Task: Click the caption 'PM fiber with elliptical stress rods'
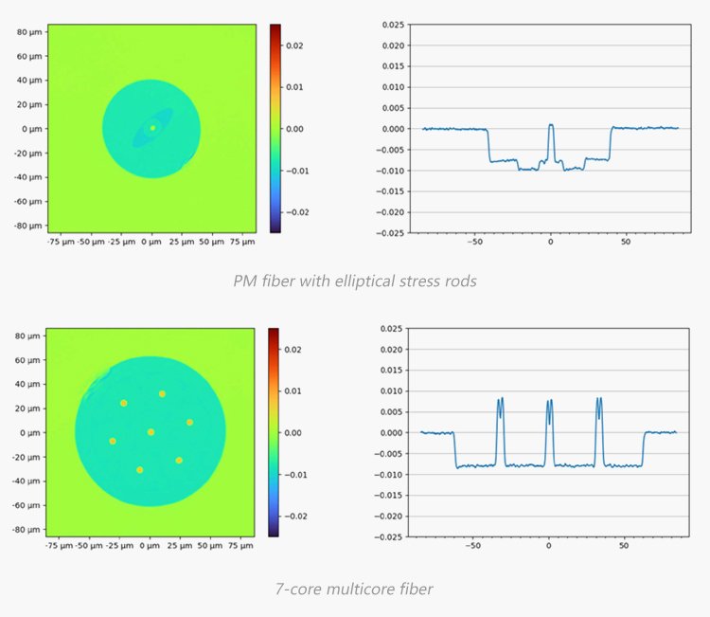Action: pyautogui.click(x=354, y=281)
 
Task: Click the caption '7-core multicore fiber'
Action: pyautogui.click(x=354, y=589)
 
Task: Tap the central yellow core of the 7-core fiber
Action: pyautogui.click(x=151, y=432)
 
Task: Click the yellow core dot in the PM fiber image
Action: pyautogui.click(x=152, y=127)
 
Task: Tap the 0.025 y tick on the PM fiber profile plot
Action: pyautogui.click(x=392, y=24)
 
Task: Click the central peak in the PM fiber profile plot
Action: pyautogui.click(x=550, y=124)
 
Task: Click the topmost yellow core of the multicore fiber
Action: pyautogui.click(x=162, y=393)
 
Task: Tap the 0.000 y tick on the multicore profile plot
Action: pyautogui.click(x=391, y=432)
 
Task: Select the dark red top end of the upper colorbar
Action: pyautogui.click(x=275, y=27)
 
